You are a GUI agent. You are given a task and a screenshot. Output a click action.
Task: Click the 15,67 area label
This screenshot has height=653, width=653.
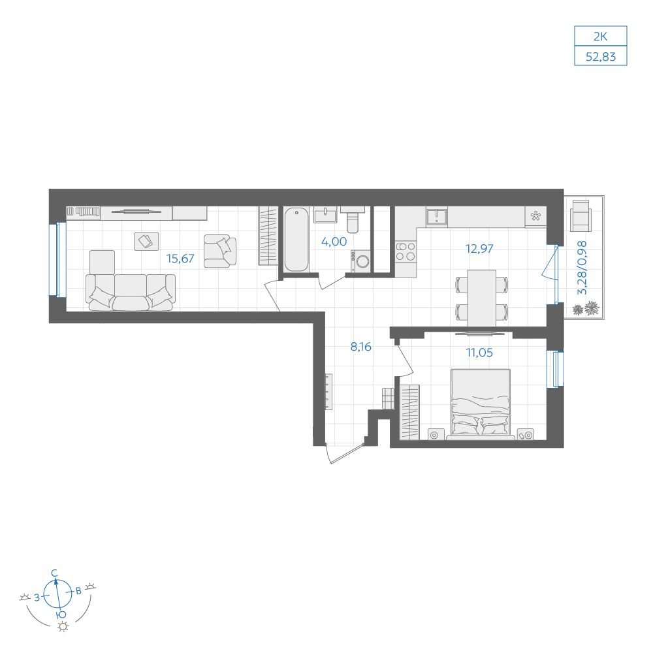click(180, 259)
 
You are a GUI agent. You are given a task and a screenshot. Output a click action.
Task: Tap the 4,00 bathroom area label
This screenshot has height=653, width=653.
click(334, 242)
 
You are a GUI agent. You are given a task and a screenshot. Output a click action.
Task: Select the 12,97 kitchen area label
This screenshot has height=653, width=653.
click(479, 249)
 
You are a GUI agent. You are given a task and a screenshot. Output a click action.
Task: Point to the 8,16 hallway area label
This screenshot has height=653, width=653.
click(360, 347)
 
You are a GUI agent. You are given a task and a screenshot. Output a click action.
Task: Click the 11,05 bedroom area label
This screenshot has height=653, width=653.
click(479, 353)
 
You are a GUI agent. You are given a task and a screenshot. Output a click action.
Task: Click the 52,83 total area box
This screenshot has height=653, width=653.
click(601, 56)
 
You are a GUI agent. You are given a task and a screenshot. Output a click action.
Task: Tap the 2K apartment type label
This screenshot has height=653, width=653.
click(601, 37)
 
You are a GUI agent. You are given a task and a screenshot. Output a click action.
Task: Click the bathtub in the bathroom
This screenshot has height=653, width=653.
click(296, 240)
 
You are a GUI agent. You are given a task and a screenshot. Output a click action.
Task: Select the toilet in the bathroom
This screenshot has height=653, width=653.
click(353, 220)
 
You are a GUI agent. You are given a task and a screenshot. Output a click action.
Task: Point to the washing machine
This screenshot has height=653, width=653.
click(360, 261)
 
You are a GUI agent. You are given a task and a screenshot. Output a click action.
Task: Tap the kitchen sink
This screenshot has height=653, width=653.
click(436, 217)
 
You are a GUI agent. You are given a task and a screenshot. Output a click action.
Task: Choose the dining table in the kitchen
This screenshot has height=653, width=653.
click(481, 298)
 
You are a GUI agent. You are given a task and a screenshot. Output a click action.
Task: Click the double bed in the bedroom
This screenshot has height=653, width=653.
click(481, 404)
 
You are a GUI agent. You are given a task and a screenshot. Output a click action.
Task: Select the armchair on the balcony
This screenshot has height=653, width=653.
click(582, 215)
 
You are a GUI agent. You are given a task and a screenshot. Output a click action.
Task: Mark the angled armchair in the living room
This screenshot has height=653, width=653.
click(220, 251)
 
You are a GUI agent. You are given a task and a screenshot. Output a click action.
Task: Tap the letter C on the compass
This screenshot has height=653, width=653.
click(54, 573)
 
